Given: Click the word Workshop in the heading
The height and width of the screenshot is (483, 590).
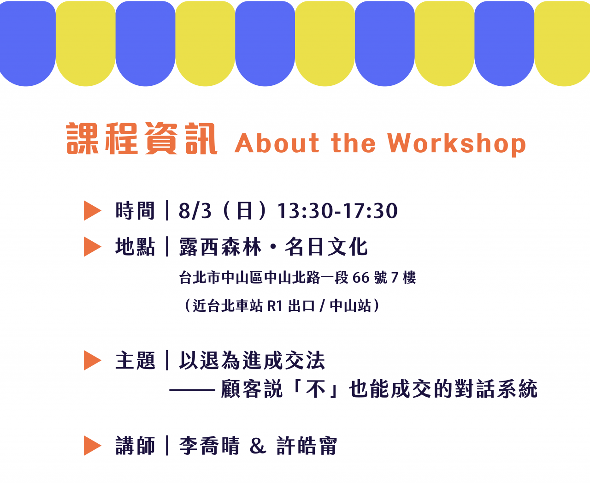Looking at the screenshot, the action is point(456,143).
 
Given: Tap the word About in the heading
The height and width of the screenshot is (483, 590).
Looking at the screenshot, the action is point(277,143).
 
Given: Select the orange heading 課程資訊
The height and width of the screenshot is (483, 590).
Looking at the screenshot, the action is point(142,138).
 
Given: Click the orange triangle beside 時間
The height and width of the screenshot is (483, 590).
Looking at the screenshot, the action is point(92,210).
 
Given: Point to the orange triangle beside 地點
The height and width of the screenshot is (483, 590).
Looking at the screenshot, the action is point(92,247).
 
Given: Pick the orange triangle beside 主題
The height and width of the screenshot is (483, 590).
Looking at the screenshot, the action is point(92,360).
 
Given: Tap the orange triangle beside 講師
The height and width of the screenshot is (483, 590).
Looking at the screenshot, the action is point(92,446).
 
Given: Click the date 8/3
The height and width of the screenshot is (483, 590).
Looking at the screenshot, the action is point(195,210).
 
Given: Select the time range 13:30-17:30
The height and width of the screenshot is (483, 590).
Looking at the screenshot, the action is point(337,210).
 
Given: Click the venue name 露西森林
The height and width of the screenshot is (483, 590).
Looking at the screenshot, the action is point(220,247).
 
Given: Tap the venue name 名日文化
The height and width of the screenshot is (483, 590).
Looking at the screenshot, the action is point(326,247).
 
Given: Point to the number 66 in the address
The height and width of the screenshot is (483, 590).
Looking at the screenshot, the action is point(361,278).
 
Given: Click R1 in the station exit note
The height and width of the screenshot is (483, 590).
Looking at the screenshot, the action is point(275,306).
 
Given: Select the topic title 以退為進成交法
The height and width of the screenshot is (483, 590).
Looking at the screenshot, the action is point(252,360).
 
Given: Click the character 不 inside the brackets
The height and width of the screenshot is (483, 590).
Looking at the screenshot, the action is point(316,388).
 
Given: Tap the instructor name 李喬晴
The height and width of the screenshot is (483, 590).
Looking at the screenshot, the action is point(210,446).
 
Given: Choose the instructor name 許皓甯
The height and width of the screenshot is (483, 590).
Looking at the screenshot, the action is point(307,446).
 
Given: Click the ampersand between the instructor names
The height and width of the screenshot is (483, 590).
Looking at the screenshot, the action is point(258,446).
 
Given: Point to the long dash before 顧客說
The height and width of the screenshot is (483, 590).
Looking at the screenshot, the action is point(192,389).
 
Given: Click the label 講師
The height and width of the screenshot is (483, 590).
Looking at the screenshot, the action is point(135,446).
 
